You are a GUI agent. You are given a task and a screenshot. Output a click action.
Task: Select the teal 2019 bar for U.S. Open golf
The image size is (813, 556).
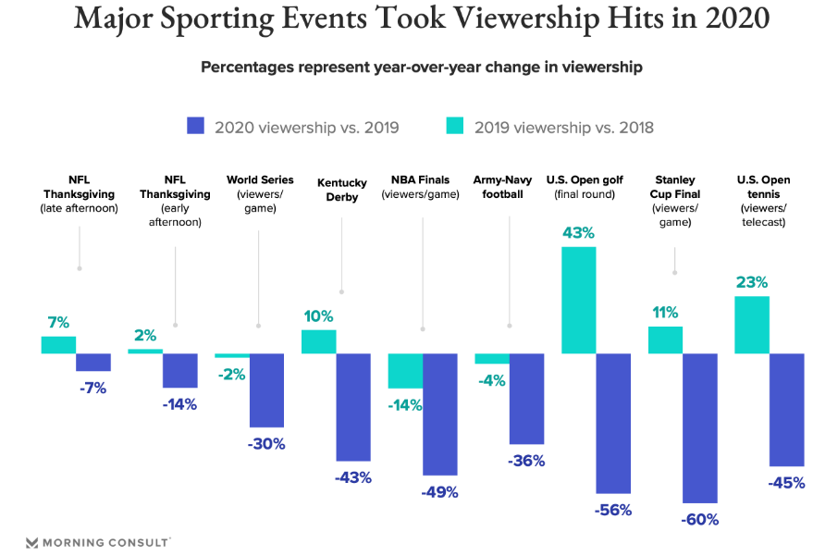point(579,300)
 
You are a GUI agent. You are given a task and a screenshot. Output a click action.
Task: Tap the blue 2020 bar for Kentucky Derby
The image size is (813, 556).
point(353,407)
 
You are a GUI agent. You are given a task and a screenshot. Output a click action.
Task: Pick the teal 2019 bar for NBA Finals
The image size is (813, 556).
point(405,371)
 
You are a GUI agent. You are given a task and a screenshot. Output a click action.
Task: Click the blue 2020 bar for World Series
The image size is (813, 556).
point(266,390)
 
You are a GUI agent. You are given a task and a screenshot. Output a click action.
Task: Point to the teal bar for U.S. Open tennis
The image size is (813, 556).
point(752,325)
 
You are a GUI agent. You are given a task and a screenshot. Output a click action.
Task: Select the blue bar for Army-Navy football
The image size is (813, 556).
point(526,399)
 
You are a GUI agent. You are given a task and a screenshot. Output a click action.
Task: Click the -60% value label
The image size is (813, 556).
point(699,519)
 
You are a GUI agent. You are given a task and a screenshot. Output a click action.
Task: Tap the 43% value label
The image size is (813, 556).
point(578,232)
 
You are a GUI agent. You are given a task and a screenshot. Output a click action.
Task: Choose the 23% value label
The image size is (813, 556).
point(751,282)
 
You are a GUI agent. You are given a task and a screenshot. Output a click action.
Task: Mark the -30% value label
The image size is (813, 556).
point(265,443)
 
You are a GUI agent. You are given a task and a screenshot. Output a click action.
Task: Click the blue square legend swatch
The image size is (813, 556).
point(195,127)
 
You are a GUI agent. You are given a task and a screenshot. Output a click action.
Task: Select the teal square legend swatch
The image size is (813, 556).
point(455,127)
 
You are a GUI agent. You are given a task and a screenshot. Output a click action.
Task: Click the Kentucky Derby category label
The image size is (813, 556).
point(342,190)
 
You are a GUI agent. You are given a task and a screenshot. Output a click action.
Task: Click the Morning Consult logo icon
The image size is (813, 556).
point(32,542)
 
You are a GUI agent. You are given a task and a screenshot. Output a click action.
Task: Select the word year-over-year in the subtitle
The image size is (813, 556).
point(430,68)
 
